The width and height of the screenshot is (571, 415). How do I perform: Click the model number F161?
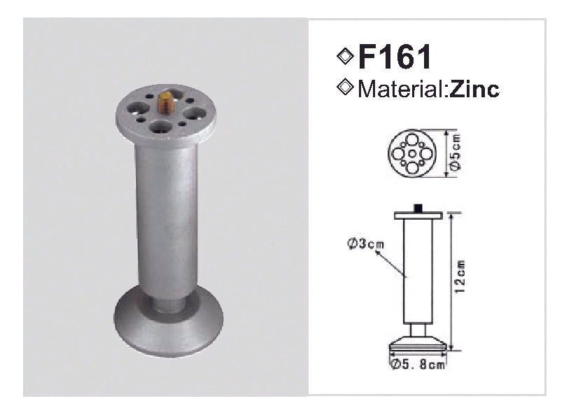[x=395, y=57]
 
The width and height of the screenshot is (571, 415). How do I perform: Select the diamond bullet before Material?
[x=344, y=87]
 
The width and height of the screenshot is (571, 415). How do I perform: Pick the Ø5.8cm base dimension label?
[x=418, y=365]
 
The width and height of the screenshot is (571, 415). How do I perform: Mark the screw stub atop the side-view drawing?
[x=418, y=208]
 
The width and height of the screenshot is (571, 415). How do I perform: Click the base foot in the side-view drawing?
[x=418, y=345]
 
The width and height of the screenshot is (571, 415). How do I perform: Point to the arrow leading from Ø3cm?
[x=390, y=263]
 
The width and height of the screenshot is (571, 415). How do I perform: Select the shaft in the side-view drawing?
[x=418, y=273]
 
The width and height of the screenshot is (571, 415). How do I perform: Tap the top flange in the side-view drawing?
[x=418, y=216]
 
